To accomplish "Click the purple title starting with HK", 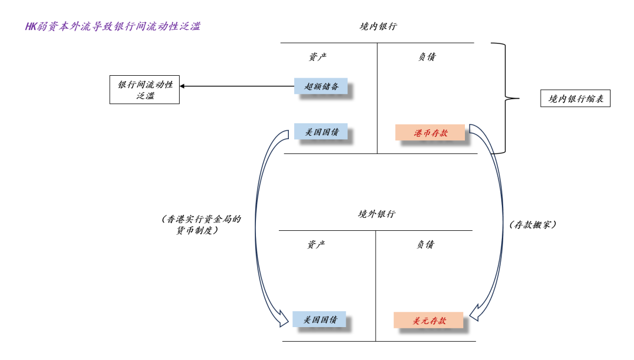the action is click(x=113, y=26).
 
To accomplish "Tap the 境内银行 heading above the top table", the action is click(x=378, y=26).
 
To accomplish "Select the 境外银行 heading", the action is click(x=376, y=214).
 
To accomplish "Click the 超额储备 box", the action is click(x=321, y=86).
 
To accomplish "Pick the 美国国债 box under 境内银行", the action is click(x=321, y=132).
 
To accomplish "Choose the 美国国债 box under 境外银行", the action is click(x=319, y=319).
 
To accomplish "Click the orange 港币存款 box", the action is click(x=430, y=133).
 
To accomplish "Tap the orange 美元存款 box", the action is click(x=428, y=321).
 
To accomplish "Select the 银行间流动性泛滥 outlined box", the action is click(x=144, y=90).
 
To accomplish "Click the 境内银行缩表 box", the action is click(x=575, y=98).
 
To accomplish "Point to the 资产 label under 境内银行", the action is click(x=318, y=56).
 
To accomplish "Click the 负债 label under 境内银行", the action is click(x=427, y=56).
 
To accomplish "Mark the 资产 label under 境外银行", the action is click(x=316, y=244).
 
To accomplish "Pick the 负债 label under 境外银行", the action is click(x=425, y=244).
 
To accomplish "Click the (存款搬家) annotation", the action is click(x=533, y=224).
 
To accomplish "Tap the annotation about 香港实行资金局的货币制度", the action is click(x=201, y=224).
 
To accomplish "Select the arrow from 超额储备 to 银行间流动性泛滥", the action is click(x=237, y=86).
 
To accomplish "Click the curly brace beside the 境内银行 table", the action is click(x=505, y=98).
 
